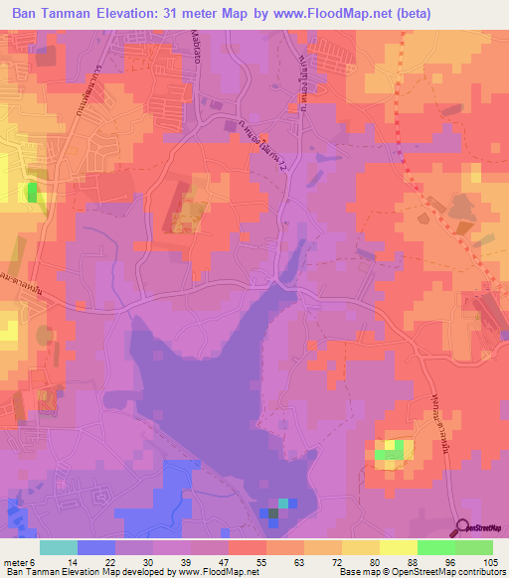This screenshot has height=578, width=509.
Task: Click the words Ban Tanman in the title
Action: [50, 11]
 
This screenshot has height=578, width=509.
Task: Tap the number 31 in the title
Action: [172, 11]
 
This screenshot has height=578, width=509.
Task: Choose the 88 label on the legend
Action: [412, 561]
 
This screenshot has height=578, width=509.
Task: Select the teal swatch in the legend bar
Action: [59, 547]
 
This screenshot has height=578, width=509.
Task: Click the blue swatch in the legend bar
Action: [95, 547]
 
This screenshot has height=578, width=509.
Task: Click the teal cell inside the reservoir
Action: [283, 503]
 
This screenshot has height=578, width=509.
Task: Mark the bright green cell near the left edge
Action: [34, 191]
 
